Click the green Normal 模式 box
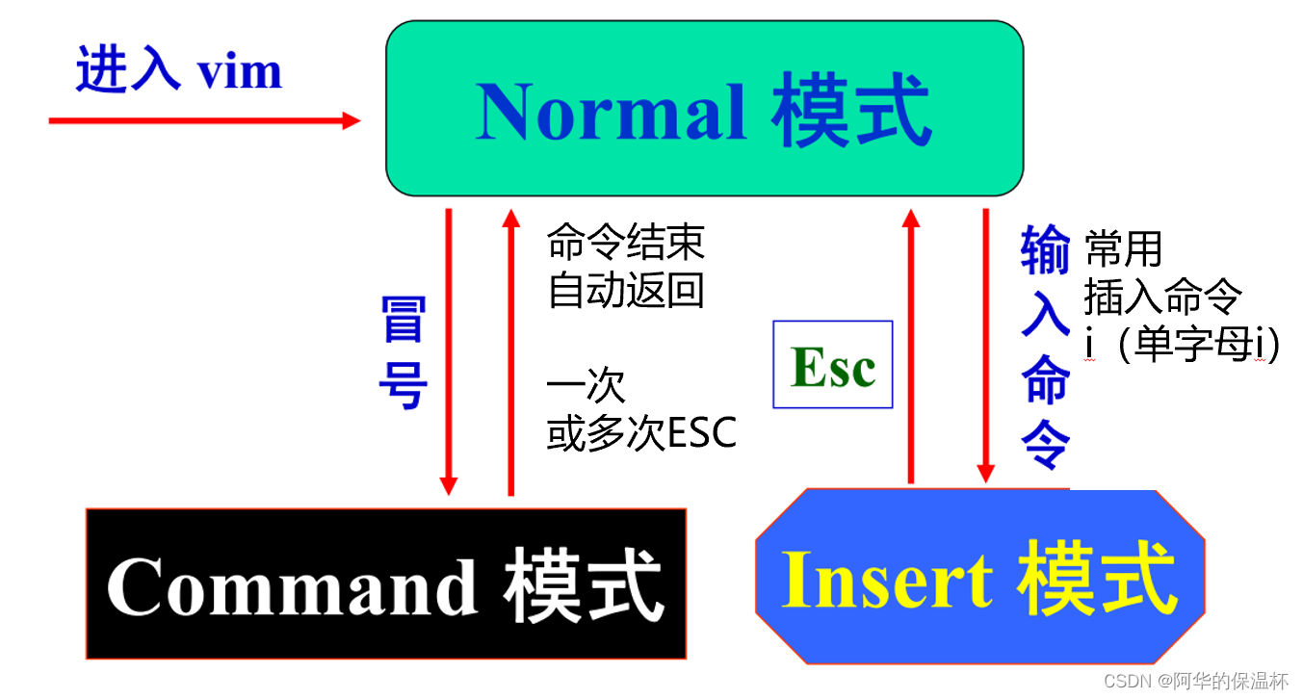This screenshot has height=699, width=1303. point(704,108)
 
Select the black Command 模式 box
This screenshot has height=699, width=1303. point(385,583)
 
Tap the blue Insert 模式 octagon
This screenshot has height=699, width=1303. point(979,577)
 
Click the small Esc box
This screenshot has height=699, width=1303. point(833,365)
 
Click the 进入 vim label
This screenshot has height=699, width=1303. point(179,72)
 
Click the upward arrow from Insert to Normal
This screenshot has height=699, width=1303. point(910,347)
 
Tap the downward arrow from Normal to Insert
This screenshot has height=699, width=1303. point(985,347)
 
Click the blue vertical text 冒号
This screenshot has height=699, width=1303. point(402,353)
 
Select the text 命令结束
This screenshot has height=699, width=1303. point(625,243)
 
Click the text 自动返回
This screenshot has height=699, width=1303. point(625,289)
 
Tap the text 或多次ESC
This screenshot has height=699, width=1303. point(641,434)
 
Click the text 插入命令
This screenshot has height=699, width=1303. point(1162,298)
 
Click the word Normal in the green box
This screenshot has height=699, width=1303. point(612,112)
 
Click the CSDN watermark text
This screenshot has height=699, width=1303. point(1195,682)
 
